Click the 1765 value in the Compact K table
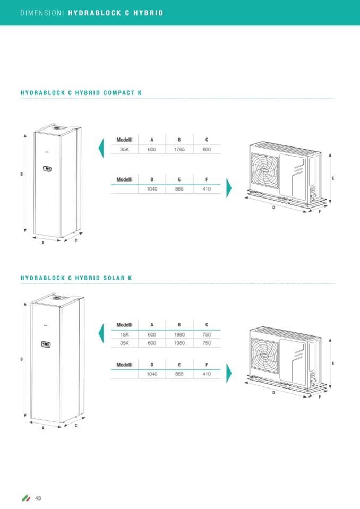point(179,150)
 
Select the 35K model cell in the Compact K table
point(124,150)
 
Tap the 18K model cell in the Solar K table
point(124,334)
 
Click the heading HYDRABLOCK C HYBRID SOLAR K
point(76,278)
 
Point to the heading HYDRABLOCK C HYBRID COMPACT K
point(81,93)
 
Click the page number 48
point(38,498)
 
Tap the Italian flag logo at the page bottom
point(25,498)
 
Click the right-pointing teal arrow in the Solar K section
point(229,373)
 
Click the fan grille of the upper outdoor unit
point(268,171)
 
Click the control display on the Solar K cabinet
point(45,344)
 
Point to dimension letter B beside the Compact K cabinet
point(21,174)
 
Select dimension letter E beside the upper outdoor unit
point(333,178)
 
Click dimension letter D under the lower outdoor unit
point(274,393)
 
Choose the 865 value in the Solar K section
point(179,374)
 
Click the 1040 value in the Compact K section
point(151,189)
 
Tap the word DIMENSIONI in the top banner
point(42,13)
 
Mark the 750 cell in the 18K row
point(207,334)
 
